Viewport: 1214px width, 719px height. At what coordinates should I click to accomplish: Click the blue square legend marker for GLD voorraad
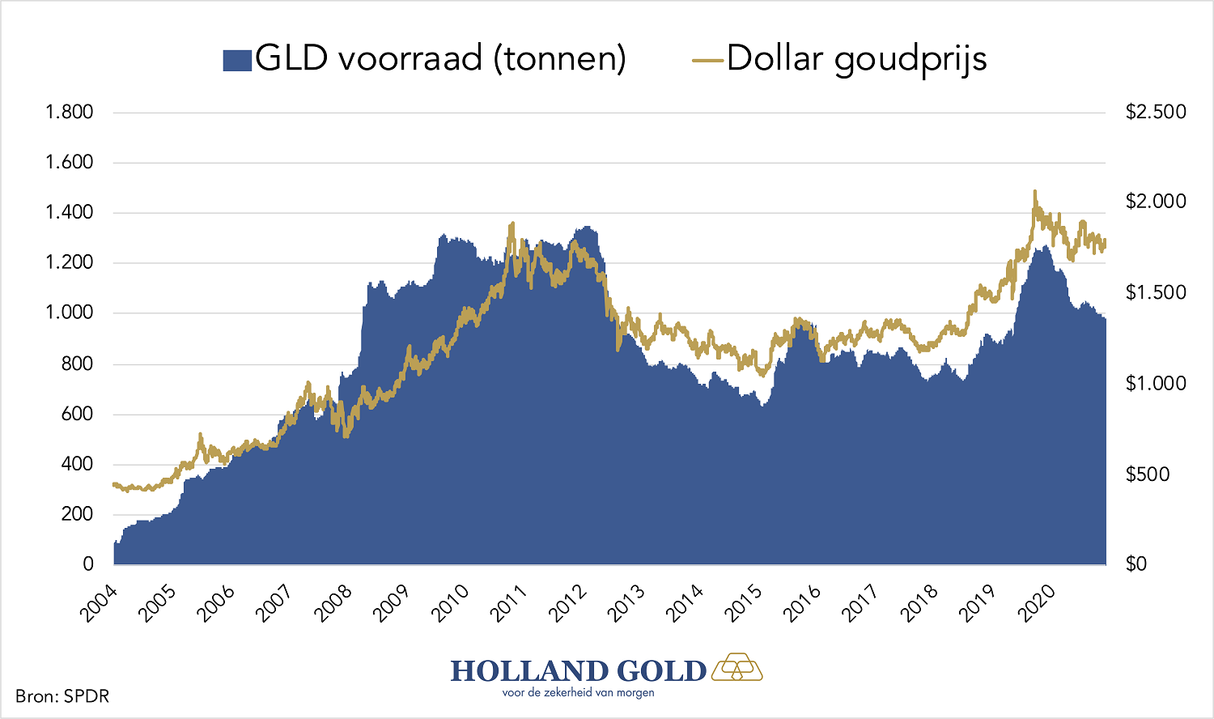click(237, 61)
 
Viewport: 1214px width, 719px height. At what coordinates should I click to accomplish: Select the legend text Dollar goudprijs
click(856, 59)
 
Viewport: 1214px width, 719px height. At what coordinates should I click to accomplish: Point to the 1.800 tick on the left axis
click(70, 112)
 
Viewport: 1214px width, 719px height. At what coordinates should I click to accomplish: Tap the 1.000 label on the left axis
click(70, 313)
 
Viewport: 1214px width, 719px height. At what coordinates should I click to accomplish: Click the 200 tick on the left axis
click(77, 514)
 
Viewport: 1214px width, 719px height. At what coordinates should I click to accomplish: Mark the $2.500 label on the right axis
click(1156, 112)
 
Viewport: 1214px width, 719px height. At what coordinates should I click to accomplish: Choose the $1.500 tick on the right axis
click(1156, 292)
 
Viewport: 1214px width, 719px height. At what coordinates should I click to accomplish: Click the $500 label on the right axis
click(1148, 474)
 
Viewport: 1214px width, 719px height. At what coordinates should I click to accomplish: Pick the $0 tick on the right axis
click(1136, 564)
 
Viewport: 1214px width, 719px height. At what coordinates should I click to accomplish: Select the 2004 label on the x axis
click(98, 603)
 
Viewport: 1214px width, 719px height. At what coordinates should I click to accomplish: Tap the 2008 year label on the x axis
click(333, 603)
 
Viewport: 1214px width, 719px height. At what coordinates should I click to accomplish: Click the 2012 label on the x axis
click(568, 603)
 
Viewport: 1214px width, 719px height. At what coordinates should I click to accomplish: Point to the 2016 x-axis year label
click(803, 603)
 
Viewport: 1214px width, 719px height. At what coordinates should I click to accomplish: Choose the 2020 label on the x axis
click(1038, 603)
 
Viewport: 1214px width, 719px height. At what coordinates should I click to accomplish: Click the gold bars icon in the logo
click(737, 667)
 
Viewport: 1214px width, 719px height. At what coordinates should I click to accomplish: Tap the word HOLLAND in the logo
click(529, 671)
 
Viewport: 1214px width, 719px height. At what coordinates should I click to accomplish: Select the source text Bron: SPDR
click(62, 696)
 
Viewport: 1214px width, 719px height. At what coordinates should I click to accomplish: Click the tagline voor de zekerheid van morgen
click(578, 693)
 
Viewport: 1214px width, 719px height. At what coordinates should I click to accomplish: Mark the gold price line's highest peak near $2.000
click(1034, 193)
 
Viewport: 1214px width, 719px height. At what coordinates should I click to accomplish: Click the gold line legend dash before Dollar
click(708, 61)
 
